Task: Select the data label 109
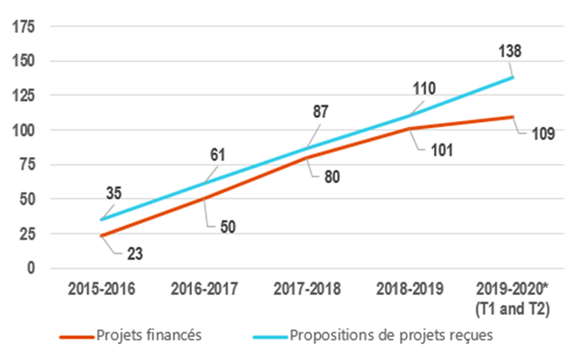click(x=542, y=134)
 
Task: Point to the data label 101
click(x=441, y=151)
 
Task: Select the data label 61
click(x=217, y=155)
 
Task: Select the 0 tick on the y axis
click(x=30, y=268)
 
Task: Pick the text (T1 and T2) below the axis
click(x=513, y=309)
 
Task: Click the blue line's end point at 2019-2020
click(x=513, y=77)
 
